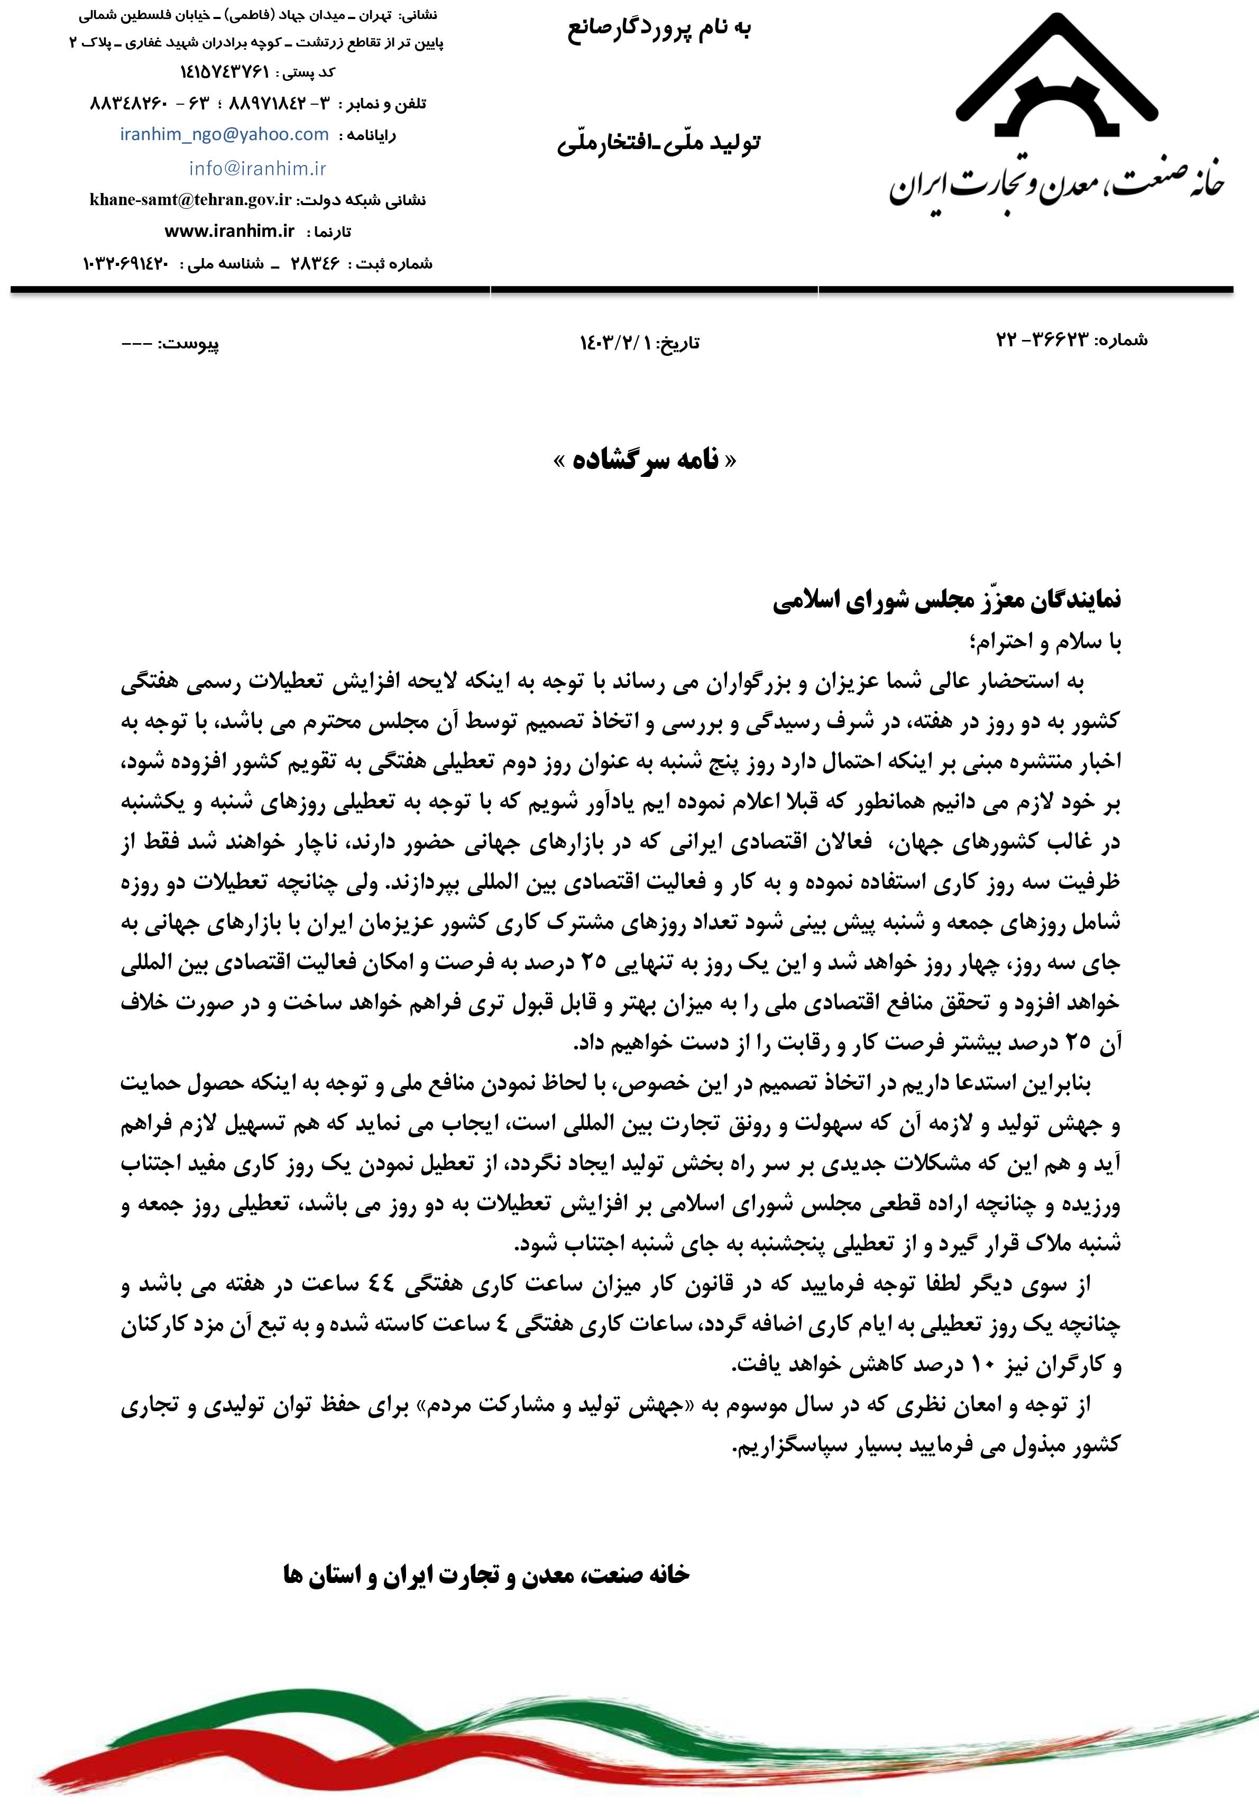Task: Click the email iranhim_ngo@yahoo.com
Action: tap(224, 134)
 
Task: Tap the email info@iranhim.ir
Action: tap(257, 168)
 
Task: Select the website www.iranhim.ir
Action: tap(229, 231)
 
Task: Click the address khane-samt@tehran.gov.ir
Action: tap(190, 199)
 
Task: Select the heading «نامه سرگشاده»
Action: tap(645, 459)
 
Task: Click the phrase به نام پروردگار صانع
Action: tap(658, 30)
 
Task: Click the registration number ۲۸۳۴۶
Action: tap(315, 263)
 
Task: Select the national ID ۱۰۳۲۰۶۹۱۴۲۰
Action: tap(126, 263)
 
